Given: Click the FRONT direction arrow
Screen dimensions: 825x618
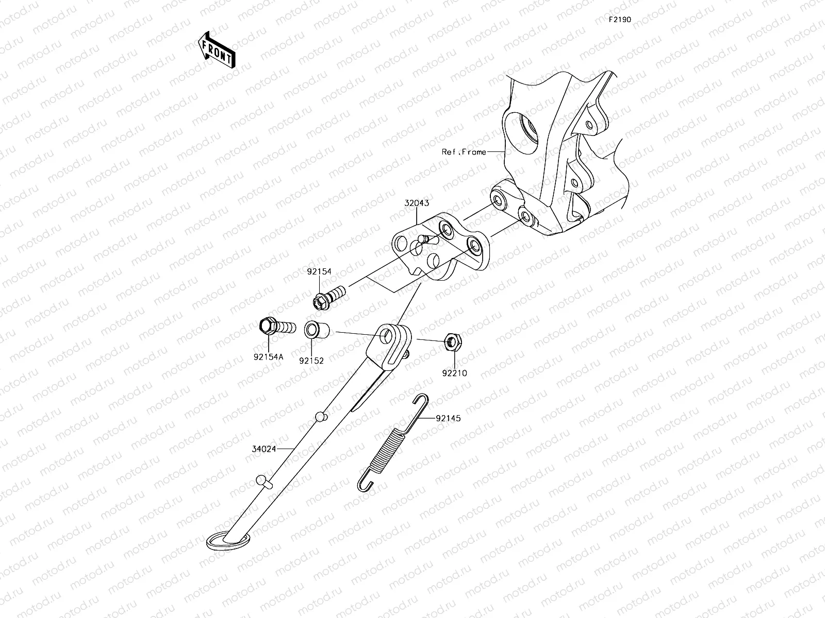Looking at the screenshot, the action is click(217, 50).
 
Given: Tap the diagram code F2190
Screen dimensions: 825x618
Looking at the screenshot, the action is click(620, 20).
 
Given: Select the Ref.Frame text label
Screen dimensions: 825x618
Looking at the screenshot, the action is click(464, 152).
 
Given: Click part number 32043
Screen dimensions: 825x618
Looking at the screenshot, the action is click(417, 203).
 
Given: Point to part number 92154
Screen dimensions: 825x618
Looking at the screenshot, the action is click(319, 272).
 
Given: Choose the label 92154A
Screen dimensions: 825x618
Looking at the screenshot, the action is click(268, 357).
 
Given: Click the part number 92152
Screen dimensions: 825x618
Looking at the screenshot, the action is click(311, 361).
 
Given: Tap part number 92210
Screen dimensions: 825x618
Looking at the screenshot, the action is click(454, 373).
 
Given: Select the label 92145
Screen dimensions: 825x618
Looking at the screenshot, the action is click(448, 418).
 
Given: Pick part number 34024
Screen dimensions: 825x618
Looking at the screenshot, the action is click(264, 449).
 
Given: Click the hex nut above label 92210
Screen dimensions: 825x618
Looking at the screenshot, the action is click(453, 342).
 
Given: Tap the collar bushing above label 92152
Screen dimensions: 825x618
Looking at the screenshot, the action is click(317, 330).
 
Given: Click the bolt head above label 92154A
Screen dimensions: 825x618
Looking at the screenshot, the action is click(268, 326).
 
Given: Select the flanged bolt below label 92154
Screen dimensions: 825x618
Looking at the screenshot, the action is click(329, 298).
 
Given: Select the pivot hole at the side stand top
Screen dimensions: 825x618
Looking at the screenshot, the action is click(386, 336).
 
